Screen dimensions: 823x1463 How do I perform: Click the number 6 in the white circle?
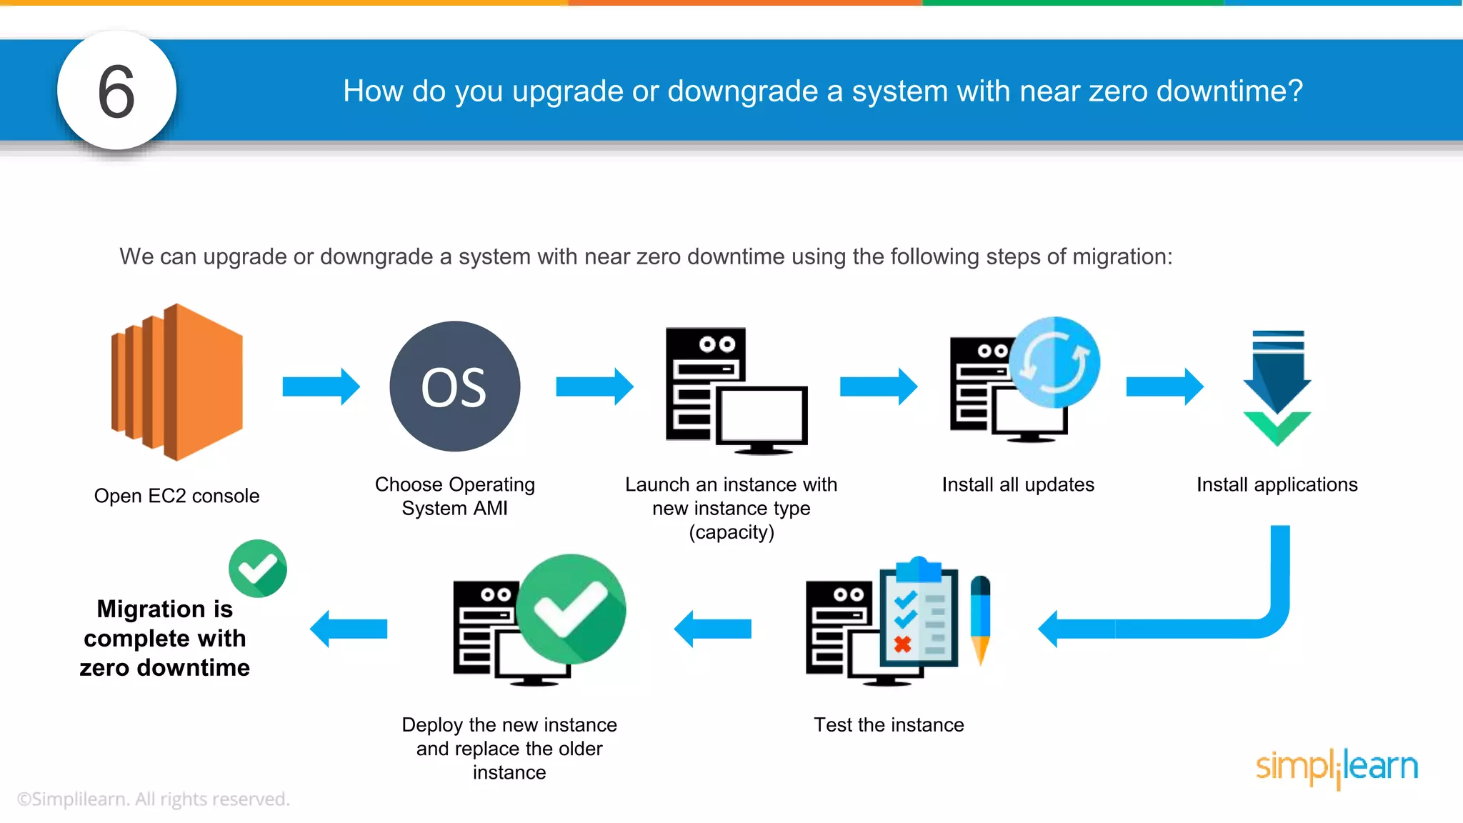click(116, 91)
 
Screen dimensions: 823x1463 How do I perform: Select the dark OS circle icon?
click(455, 386)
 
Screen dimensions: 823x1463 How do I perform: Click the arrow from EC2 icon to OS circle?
click(321, 386)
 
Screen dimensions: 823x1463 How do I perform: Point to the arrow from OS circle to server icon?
click(594, 386)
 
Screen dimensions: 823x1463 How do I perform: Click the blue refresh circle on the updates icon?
click(1054, 362)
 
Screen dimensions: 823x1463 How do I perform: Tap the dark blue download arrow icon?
click(1277, 375)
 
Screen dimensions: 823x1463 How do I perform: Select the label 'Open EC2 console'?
click(176, 496)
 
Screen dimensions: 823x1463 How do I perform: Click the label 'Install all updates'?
click(1018, 484)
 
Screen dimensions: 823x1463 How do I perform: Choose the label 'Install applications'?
click(1277, 484)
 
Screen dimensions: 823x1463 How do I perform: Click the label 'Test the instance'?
click(889, 725)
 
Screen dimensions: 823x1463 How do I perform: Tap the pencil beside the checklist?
click(981, 619)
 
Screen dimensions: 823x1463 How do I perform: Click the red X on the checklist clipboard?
click(903, 644)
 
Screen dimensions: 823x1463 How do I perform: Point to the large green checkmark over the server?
click(571, 609)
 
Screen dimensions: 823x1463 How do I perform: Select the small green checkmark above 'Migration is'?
click(258, 569)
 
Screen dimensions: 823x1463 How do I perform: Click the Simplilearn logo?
click(1337, 767)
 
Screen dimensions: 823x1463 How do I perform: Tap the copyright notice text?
click(154, 799)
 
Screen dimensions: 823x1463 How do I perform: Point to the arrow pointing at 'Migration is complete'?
click(349, 629)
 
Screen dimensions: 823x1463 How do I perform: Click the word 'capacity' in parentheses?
click(731, 532)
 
